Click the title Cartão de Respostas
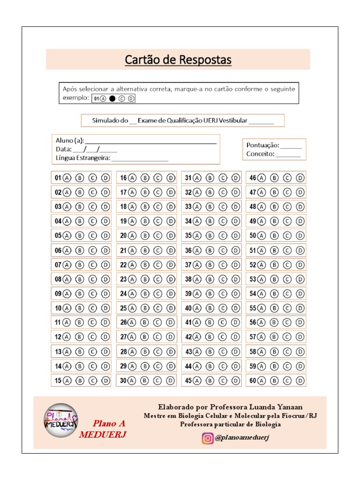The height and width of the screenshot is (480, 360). click(x=178, y=60)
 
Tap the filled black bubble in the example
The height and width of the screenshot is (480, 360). click(x=112, y=98)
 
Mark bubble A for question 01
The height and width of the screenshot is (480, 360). click(x=67, y=178)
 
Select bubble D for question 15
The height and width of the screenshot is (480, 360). click(x=105, y=381)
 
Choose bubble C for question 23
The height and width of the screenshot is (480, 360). click(x=158, y=279)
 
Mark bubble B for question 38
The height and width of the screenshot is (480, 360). click(x=210, y=279)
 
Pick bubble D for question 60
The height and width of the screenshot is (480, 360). click(x=300, y=381)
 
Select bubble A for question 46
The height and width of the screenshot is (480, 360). click(x=262, y=178)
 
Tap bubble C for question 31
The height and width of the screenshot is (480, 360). click(x=223, y=178)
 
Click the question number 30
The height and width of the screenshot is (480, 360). click(x=124, y=381)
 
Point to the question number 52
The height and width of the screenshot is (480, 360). click(x=253, y=265)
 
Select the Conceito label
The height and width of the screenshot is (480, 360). click(x=261, y=154)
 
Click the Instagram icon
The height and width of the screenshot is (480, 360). click(x=207, y=438)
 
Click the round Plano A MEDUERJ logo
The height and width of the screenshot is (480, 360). click(x=60, y=420)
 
